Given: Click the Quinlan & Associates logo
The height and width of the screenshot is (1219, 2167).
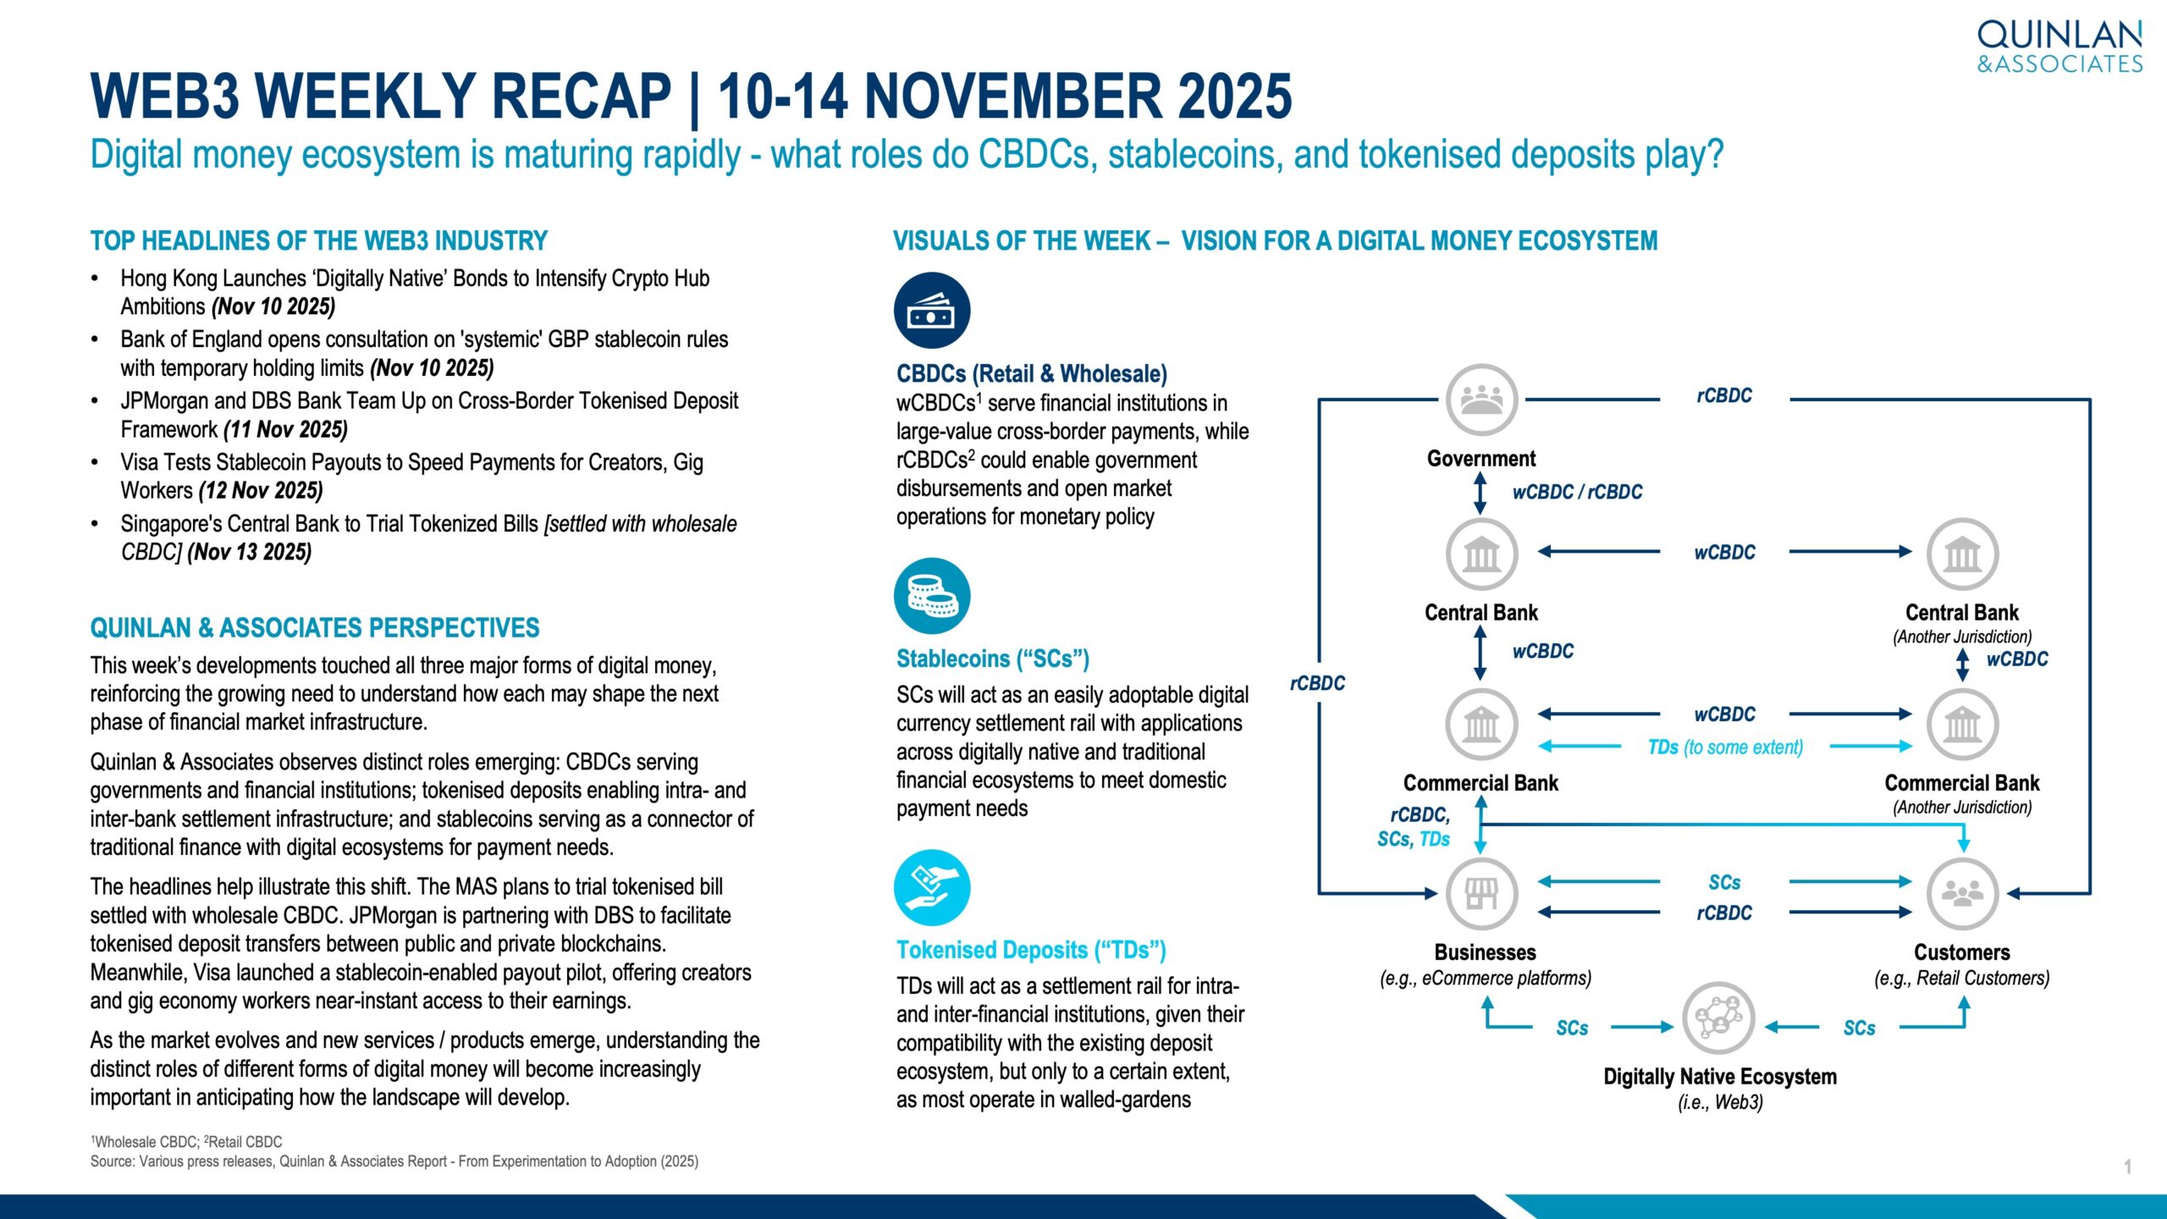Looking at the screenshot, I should tap(2059, 47).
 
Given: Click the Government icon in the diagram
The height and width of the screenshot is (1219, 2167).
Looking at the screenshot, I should tap(1481, 400).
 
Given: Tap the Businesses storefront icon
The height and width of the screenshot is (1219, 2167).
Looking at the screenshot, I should tap(1481, 894).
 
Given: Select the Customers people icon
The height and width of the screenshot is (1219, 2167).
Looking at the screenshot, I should tap(1962, 894).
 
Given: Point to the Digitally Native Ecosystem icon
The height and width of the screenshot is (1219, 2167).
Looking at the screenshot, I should tap(1718, 1018).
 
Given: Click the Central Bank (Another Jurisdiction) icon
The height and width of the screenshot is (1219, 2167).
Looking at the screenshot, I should tap(1962, 554).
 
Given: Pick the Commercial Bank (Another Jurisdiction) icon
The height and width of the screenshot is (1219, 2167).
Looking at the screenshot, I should tap(1962, 725).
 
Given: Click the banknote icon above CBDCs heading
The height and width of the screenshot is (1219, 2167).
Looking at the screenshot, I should tap(932, 311).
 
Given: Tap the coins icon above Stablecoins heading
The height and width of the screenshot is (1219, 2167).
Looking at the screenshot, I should tap(932, 596).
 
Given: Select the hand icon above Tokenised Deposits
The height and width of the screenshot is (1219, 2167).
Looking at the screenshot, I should tap(932, 887).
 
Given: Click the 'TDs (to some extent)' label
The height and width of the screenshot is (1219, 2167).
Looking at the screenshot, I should tap(1725, 747).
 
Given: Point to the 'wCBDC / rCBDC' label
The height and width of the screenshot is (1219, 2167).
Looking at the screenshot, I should tap(1577, 492).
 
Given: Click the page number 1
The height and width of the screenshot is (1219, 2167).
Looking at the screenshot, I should tap(2127, 1167).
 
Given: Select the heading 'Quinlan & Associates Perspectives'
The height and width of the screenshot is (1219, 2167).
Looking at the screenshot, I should tap(315, 628).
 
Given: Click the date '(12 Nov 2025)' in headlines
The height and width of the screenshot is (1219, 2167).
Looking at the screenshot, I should tap(261, 491).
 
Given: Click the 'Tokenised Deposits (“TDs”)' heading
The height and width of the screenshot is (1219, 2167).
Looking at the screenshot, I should tap(1031, 951).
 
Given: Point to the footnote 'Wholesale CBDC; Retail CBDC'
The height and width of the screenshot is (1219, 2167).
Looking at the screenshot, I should tap(186, 1142).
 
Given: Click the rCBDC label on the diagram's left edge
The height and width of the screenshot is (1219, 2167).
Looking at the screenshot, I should tap(1317, 683).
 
